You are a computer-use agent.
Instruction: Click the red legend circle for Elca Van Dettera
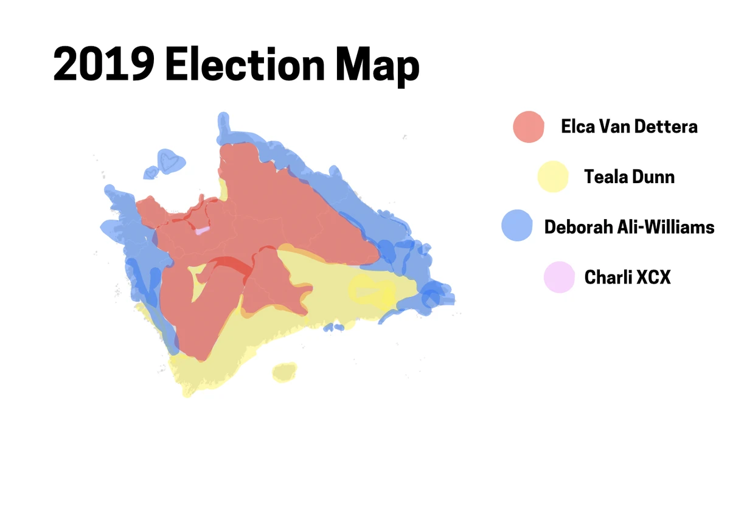[x=528, y=127]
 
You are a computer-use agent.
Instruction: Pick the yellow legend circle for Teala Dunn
[x=553, y=177]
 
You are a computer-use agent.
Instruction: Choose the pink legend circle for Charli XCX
[x=558, y=277]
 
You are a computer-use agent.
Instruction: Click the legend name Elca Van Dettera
[x=629, y=127]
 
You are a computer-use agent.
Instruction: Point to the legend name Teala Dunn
[x=629, y=177]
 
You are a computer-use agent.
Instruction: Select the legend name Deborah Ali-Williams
[x=629, y=227]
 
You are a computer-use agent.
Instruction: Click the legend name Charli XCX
[x=627, y=277]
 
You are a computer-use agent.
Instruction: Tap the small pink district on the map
[x=201, y=231]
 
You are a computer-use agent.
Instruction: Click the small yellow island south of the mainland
[x=284, y=371]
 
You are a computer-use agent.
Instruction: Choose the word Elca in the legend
[x=577, y=127]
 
